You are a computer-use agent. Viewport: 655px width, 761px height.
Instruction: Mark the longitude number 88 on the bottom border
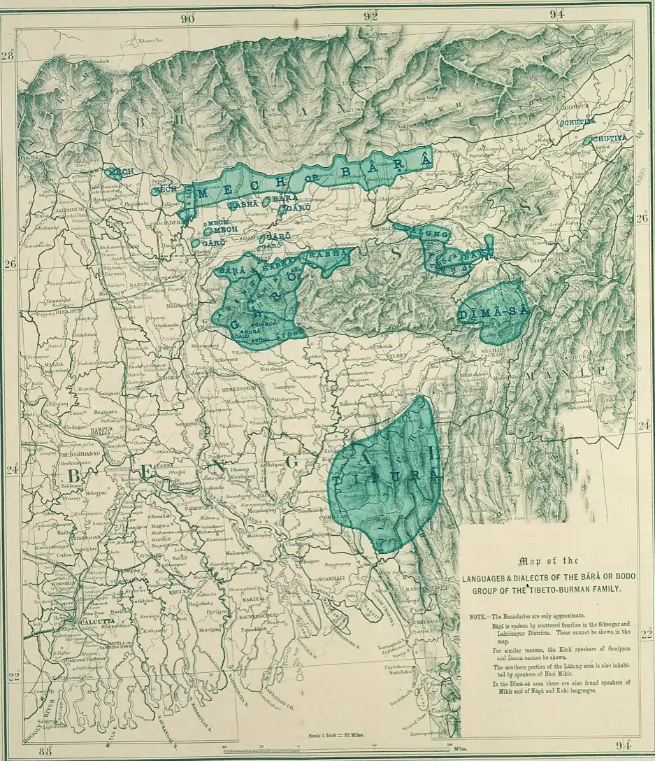coord(46,751)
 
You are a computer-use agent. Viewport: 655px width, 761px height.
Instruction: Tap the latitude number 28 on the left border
coord(8,57)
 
